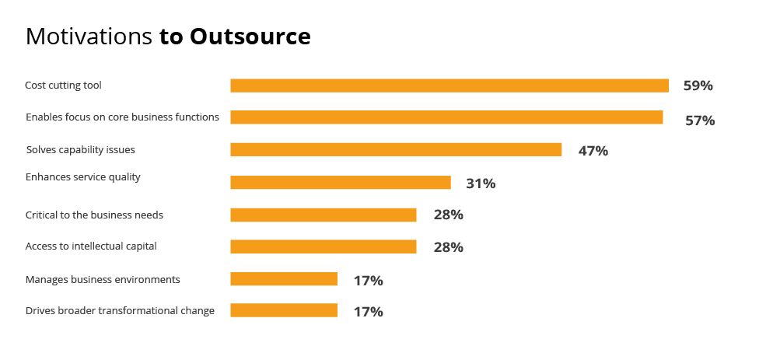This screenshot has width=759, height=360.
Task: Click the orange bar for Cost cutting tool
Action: pyautogui.click(x=449, y=86)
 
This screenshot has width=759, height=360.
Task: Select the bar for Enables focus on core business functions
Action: pyautogui.click(x=446, y=117)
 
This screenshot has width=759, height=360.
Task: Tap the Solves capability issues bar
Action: pyautogui.click(x=396, y=150)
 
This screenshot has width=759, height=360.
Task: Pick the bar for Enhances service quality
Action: pyautogui.click(x=341, y=183)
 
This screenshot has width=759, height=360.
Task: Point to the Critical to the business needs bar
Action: pyautogui.click(x=324, y=215)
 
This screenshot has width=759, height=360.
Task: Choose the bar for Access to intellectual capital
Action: pyautogui.click(x=324, y=246)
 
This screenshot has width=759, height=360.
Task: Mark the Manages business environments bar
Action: pyautogui.click(x=284, y=279)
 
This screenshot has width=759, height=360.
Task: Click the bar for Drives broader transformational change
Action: pyautogui.click(x=284, y=310)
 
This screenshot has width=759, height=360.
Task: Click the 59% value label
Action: pyautogui.click(x=698, y=86)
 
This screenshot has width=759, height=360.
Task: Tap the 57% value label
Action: pyautogui.click(x=699, y=121)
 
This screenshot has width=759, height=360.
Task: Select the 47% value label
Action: pyautogui.click(x=593, y=151)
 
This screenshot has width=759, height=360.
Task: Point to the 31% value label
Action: pyautogui.click(x=481, y=183)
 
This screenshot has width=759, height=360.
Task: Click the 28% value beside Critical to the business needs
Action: pyautogui.click(x=448, y=215)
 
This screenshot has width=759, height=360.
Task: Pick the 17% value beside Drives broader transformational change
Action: pyautogui.click(x=368, y=312)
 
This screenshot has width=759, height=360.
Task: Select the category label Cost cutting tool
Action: pyautogui.click(x=63, y=85)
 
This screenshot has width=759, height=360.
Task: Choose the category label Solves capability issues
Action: pyautogui.click(x=80, y=149)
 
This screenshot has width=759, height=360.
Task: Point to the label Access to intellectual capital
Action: pyautogui.click(x=91, y=246)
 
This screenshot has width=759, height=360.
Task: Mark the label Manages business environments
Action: pyautogui.click(x=103, y=279)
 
